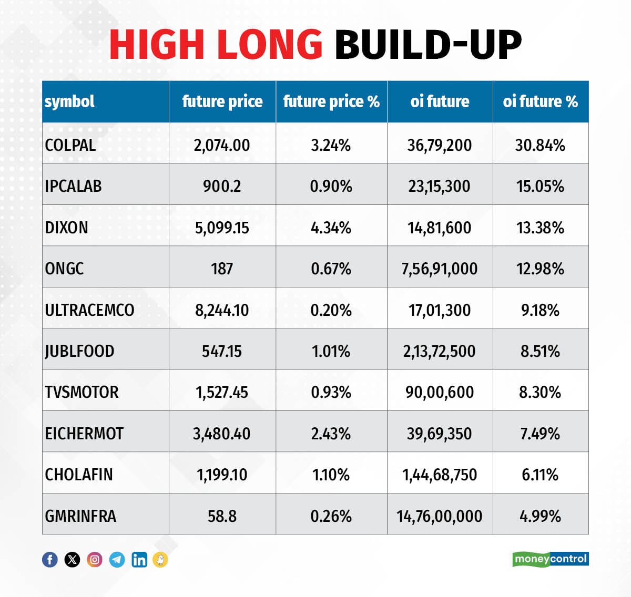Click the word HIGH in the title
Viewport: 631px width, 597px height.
(156, 44)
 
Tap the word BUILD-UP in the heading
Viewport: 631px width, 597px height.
(428, 44)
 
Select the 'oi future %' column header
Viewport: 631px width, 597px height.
(540, 101)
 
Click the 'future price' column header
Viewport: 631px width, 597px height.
(222, 101)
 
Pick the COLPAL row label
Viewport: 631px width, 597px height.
(70, 145)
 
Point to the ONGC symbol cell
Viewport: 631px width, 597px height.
(64, 269)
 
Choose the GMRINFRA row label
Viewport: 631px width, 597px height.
(80, 516)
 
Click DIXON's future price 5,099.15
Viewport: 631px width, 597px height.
(222, 228)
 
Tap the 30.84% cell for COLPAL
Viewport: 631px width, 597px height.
(540, 145)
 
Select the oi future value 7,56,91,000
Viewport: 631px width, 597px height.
(440, 269)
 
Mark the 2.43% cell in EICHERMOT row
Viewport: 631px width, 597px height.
(331, 434)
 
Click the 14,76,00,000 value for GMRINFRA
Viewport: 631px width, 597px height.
(440, 516)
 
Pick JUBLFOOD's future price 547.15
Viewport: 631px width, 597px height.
(222, 351)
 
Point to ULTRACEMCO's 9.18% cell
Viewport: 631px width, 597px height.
(540, 310)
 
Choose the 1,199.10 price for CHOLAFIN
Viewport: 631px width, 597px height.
(222, 475)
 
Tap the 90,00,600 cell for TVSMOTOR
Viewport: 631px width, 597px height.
(440, 392)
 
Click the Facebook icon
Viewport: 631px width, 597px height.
(50, 560)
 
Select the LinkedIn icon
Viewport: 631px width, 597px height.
(139, 560)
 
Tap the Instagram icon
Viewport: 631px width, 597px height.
(95, 560)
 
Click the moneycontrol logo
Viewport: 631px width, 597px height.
(550, 559)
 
